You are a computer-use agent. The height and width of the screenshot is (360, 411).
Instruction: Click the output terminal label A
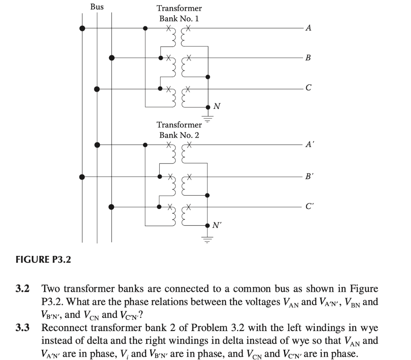(308, 28)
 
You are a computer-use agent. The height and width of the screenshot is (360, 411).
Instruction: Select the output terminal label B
(308, 58)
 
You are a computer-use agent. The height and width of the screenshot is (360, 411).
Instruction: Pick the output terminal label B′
(309, 176)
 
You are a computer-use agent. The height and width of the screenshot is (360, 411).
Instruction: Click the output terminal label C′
(309, 207)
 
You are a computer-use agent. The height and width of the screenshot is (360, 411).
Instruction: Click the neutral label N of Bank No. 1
(217, 106)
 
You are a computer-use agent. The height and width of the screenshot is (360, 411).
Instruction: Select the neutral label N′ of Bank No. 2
(217, 225)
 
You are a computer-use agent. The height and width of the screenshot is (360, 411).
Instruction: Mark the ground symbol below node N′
(208, 241)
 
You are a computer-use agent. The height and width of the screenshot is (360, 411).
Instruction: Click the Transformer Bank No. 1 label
(179, 13)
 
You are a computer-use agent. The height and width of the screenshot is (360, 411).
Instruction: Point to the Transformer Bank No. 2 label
(179, 130)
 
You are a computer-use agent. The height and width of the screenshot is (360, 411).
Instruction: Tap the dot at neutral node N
(208, 107)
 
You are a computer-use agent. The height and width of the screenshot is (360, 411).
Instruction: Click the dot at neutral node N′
(208, 225)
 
